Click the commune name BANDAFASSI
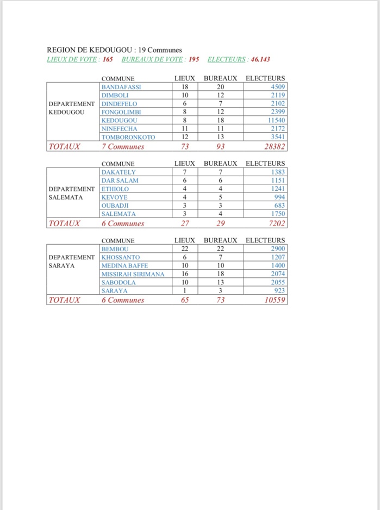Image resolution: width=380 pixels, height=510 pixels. click(x=121, y=86)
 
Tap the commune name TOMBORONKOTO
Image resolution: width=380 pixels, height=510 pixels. click(x=128, y=137)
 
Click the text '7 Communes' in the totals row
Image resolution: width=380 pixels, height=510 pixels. click(x=123, y=146)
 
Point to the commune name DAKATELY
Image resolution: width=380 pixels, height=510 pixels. click(x=119, y=172)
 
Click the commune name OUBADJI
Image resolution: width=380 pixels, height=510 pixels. click(x=115, y=206)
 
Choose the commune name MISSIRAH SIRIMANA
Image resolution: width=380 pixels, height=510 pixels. click(x=133, y=274)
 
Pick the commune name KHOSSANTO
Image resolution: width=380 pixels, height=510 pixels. click(x=121, y=257)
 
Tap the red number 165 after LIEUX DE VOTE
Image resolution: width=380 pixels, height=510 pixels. click(x=108, y=59)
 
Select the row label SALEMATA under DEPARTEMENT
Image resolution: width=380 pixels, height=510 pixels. click(x=66, y=197)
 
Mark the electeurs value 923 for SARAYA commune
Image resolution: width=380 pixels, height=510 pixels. click(x=278, y=291)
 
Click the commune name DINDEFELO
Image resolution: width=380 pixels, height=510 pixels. click(x=120, y=103)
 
